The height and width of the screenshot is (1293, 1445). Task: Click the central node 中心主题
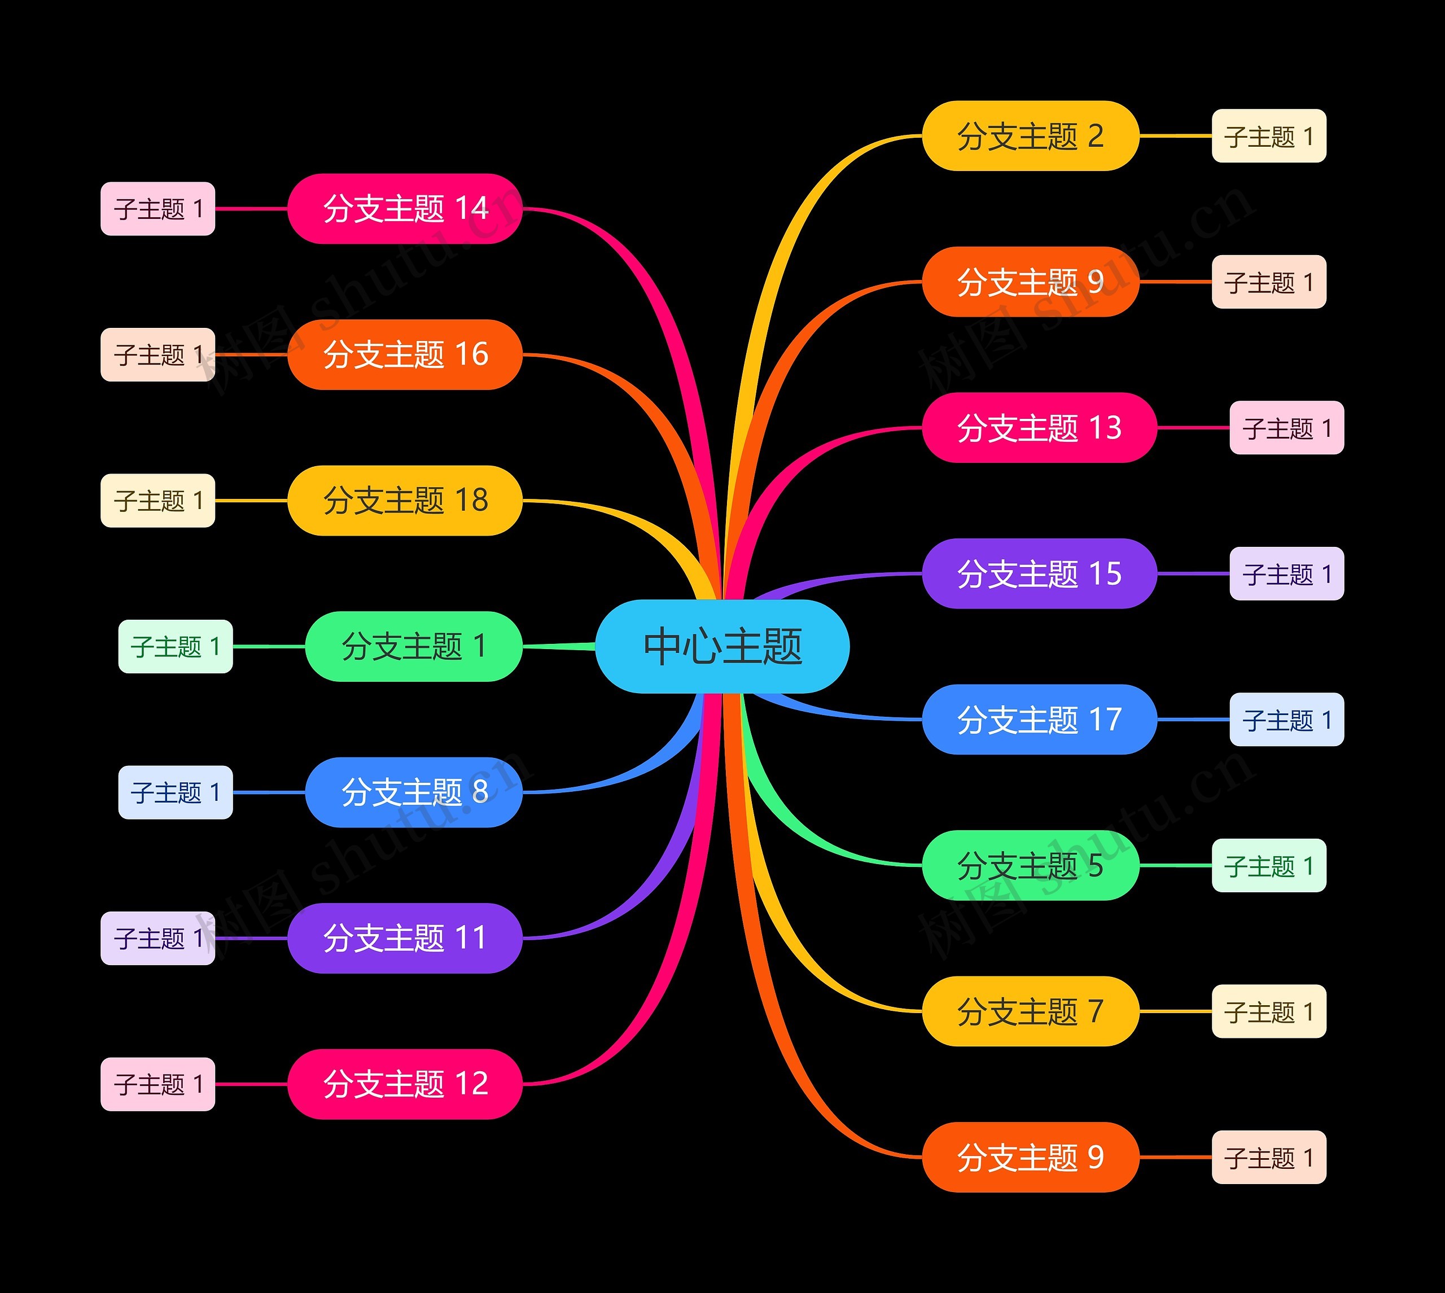point(722,646)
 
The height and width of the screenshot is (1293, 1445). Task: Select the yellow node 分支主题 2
point(1030,135)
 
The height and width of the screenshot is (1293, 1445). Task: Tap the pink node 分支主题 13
point(1039,428)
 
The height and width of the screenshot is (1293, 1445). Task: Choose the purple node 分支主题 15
point(1039,573)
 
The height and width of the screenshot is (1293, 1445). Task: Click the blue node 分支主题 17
point(1039,720)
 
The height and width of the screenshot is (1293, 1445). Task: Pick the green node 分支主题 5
point(1030,865)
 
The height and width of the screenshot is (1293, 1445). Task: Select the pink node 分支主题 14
point(405,209)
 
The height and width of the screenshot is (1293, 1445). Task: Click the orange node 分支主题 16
point(405,354)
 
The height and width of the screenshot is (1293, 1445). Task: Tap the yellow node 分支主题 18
point(405,500)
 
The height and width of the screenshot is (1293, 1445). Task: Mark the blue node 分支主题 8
point(414,792)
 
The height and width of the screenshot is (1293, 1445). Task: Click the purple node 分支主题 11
point(405,939)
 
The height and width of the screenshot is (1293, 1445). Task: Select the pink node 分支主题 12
point(405,1084)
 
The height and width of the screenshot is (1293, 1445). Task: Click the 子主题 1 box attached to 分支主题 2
point(1269,135)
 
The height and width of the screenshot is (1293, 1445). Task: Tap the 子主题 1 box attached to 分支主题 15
point(1286,573)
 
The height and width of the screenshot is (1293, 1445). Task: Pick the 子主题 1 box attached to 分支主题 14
point(157,209)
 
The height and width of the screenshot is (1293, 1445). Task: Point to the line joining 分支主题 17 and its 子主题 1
point(1193,720)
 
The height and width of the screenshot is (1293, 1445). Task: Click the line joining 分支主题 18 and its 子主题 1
point(252,500)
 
